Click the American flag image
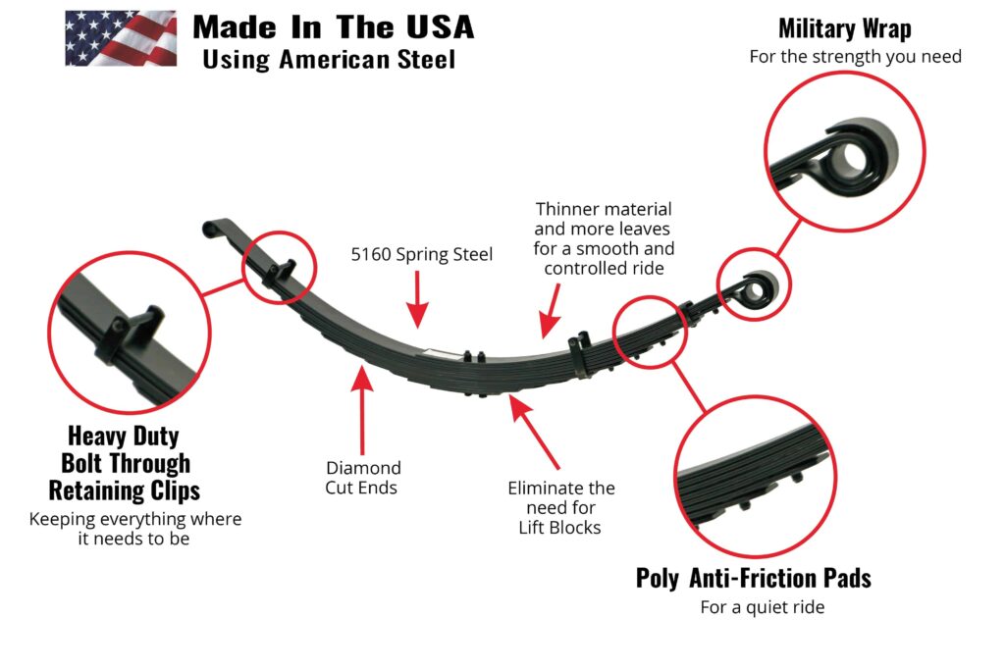pos(120,38)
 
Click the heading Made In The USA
pos(333,26)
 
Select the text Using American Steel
pos(329,59)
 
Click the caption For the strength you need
pos(855,56)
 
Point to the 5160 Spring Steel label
pos(422,254)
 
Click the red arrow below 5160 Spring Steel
pos(419,299)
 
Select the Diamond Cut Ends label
pos(363,477)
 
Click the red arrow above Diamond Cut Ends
pos(364,407)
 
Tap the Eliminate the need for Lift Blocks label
pos(561,507)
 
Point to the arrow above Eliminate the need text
pos(535,433)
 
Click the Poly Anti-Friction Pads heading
pos(753,578)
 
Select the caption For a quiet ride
pos(762,607)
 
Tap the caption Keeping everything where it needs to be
pos(134,529)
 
